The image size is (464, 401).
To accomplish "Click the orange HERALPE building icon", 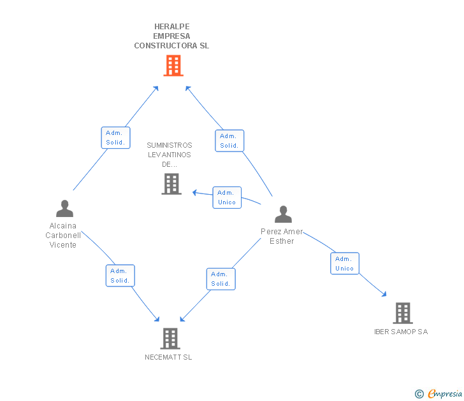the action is tap(173, 66).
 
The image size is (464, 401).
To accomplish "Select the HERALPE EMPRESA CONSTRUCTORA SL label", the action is tap(171, 36).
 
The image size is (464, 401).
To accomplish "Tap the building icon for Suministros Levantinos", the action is tap(171, 184).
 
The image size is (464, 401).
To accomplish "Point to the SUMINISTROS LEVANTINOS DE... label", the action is tap(170, 155).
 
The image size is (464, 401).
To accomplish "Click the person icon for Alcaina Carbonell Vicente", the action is tap(64, 209).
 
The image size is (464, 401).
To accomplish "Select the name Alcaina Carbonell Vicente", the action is tap(63, 236).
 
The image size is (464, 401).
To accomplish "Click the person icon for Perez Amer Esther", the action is tap(283, 215).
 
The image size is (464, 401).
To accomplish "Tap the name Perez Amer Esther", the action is tap(282, 236).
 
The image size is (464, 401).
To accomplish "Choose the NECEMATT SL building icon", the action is tap(170, 339).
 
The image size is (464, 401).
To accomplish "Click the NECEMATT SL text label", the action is tap(168, 357).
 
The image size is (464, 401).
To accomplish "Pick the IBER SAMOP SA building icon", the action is tap(403, 313).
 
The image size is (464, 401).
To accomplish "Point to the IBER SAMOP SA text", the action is tap(401, 332).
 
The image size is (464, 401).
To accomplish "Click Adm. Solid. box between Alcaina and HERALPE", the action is tap(116, 137).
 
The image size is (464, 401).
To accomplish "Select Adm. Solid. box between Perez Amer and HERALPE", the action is tap(229, 141).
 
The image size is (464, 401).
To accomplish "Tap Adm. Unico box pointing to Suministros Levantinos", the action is tap(227, 197).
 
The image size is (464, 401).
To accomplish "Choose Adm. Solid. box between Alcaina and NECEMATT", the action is tap(120, 276).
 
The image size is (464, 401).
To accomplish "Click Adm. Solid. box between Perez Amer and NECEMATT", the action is tap(221, 279).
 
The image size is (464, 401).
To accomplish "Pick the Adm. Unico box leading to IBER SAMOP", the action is tap(345, 264).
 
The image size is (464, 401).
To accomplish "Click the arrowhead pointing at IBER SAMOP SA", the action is tap(384, 294).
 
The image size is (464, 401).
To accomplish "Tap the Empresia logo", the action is tap(439, 393).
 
